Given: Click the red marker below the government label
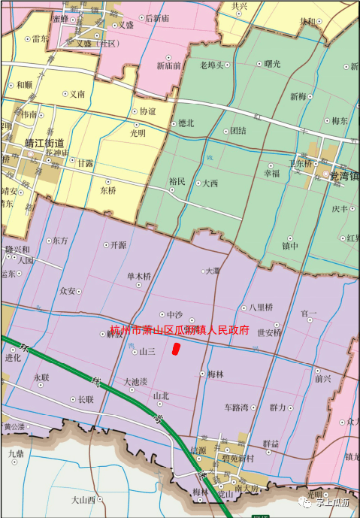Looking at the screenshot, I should [x=175, y=348].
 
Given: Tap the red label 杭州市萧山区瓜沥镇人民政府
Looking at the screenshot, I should [x=179, y=329].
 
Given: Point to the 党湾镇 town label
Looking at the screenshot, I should [x=344, y=176].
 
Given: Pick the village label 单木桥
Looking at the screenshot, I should [x=139, y=276].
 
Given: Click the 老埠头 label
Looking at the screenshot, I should [x=212, y=65].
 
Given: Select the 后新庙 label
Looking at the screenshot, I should [x=157, y=18].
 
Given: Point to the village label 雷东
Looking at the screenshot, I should [x=40, y=38].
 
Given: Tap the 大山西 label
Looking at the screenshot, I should [x=83, y=499].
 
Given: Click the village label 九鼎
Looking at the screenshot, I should [x=17, y=453].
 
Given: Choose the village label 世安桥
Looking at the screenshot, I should [x=269, y=332].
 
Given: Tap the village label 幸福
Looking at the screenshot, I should [x=271, y=173].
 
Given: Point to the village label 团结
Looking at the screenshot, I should [x=238, y=130].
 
